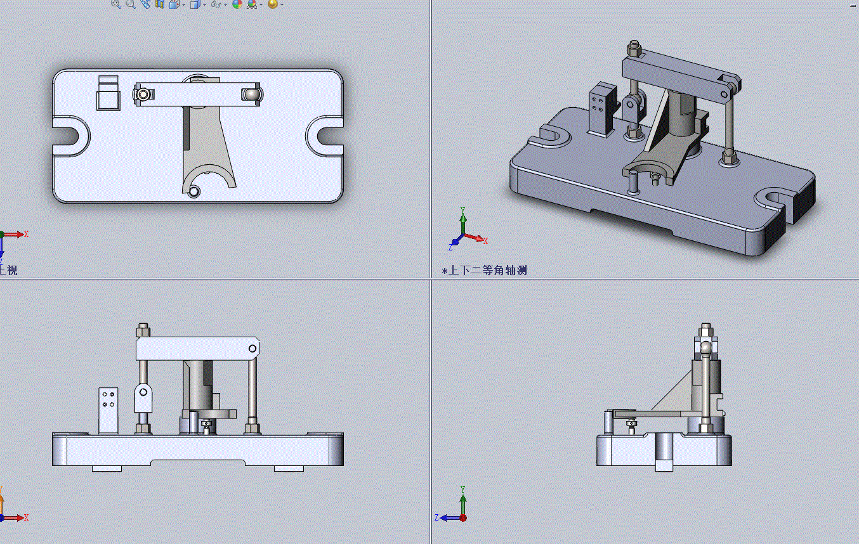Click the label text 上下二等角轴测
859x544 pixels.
487,270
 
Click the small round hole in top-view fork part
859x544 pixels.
194,190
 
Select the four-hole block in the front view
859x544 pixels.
108,410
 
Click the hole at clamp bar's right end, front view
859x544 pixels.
252,348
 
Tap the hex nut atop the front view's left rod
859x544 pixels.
143,331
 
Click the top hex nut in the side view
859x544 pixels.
705,331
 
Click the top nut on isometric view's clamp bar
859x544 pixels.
634,48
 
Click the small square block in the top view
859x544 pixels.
108,100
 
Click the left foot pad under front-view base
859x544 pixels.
107,469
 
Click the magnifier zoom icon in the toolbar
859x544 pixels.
116,4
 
